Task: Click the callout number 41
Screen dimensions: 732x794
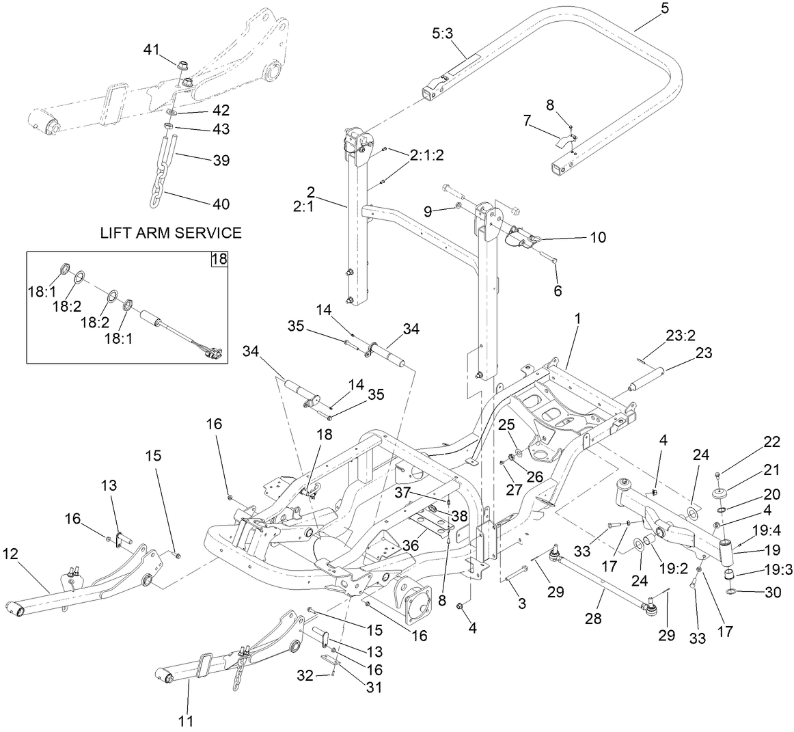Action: click(151, 49)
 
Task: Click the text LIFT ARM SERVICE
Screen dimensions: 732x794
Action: click(171, 233)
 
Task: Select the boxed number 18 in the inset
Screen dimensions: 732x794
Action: click(219, 260)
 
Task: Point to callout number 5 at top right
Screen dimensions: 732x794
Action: click(646, 9)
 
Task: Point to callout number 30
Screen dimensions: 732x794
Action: click(772, 593)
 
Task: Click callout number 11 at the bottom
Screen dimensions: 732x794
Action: click(186, 720)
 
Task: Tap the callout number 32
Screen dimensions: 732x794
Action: click(305, 676)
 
